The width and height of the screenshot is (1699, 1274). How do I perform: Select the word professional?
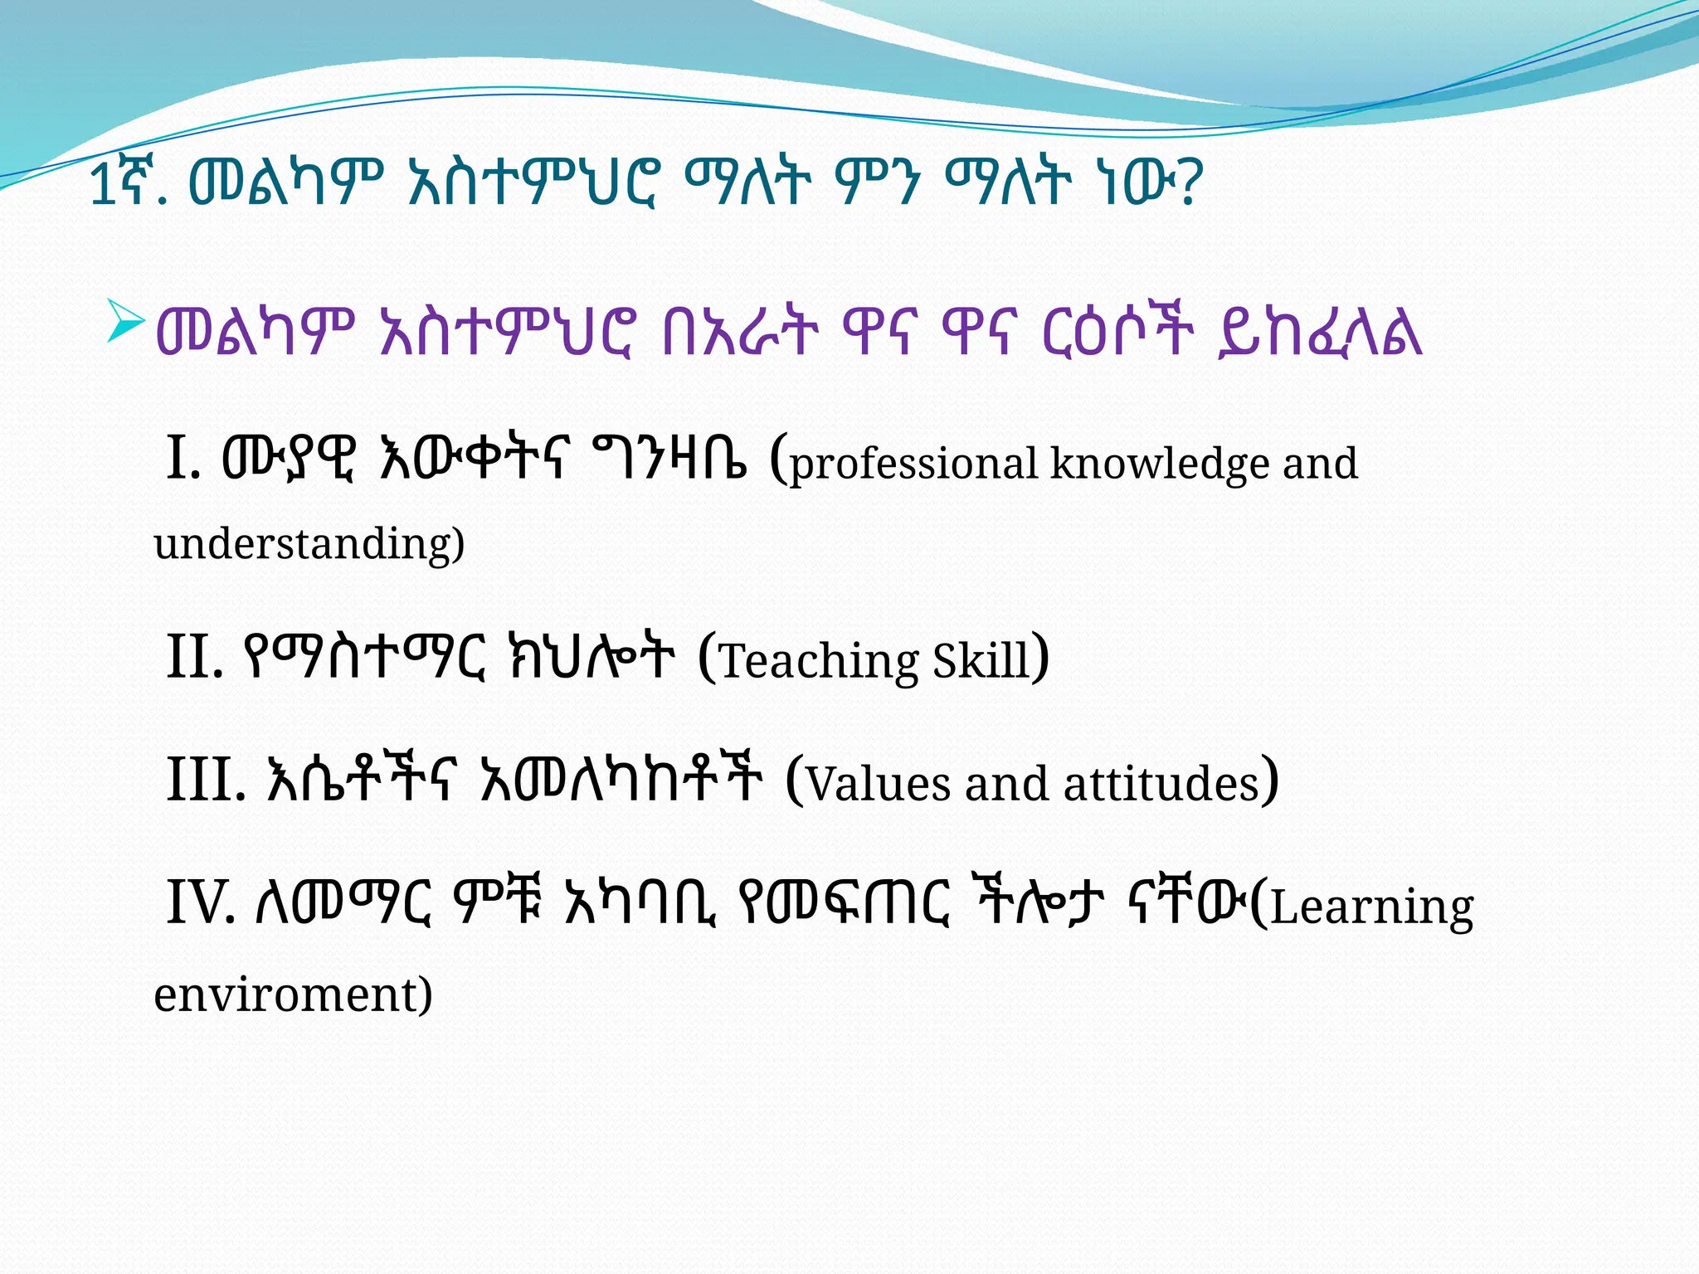point(913,464)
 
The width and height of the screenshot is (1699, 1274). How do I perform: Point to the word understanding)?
point(309,544)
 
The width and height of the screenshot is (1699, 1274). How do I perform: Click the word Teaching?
point(818,661)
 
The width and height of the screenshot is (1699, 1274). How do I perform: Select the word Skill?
point(981,661)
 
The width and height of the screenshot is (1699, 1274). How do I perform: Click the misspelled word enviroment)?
point(293,994)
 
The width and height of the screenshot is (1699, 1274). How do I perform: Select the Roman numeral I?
point(182,458)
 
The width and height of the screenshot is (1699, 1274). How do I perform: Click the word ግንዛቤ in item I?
point(669,458)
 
